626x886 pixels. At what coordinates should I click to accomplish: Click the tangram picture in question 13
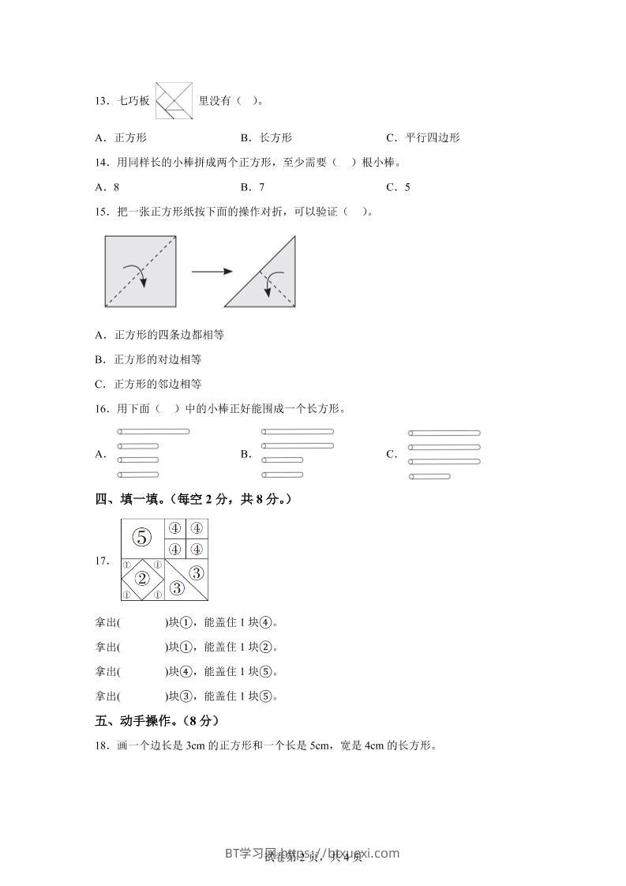(174, 100)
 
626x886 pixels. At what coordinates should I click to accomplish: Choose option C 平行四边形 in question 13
(423, 137)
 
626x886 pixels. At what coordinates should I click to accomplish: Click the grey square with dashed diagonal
(140, 271)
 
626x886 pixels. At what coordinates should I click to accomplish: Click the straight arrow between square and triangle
(212, 272)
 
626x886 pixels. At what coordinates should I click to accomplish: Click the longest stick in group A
(153, 431)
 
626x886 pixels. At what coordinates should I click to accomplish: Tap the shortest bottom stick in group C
(430, 476)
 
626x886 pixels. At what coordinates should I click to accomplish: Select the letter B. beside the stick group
(246, 454)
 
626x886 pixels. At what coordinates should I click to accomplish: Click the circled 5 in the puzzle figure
(141, 538)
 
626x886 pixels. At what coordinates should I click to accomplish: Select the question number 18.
(101, 745)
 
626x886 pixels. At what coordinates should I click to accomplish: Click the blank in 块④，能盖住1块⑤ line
(142, 672)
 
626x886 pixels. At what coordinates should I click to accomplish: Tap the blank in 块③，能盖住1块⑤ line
(142, 696)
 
